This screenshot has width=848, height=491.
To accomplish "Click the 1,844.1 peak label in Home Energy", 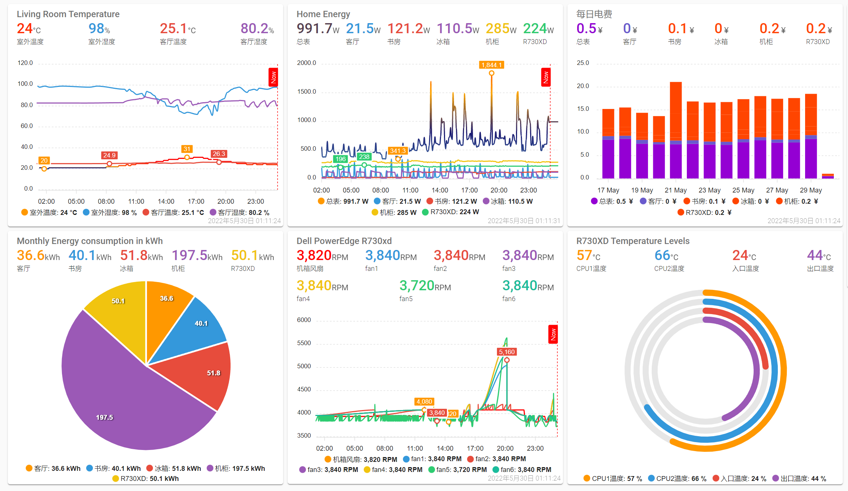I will coord(491,65).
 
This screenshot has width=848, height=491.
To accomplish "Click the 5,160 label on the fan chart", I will coord(507,352).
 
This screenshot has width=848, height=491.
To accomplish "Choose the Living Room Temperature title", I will coord(68,14).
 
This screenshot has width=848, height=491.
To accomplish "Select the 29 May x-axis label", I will coord(811,190).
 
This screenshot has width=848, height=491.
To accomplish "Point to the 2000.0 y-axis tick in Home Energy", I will coord(306,63).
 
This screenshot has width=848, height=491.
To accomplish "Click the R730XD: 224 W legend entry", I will coord(450,212).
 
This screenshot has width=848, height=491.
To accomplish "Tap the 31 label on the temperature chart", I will coord(187,149).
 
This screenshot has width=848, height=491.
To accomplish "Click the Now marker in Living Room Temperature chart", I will coord(273,77).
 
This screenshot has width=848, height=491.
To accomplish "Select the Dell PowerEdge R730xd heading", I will coord(344,241).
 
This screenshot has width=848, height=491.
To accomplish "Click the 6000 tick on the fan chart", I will coord(304,320).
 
